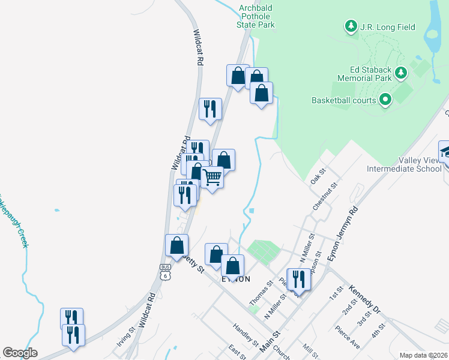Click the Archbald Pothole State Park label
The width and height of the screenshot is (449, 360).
256,16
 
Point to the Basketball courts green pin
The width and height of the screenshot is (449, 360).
385,100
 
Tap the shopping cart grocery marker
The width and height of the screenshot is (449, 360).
212,178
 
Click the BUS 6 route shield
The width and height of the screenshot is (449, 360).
166,272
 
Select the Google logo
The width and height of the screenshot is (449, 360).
20,353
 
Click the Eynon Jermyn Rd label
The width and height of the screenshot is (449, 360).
343,234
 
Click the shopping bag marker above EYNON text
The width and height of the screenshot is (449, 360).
233,265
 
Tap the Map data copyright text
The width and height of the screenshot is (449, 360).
424,355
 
